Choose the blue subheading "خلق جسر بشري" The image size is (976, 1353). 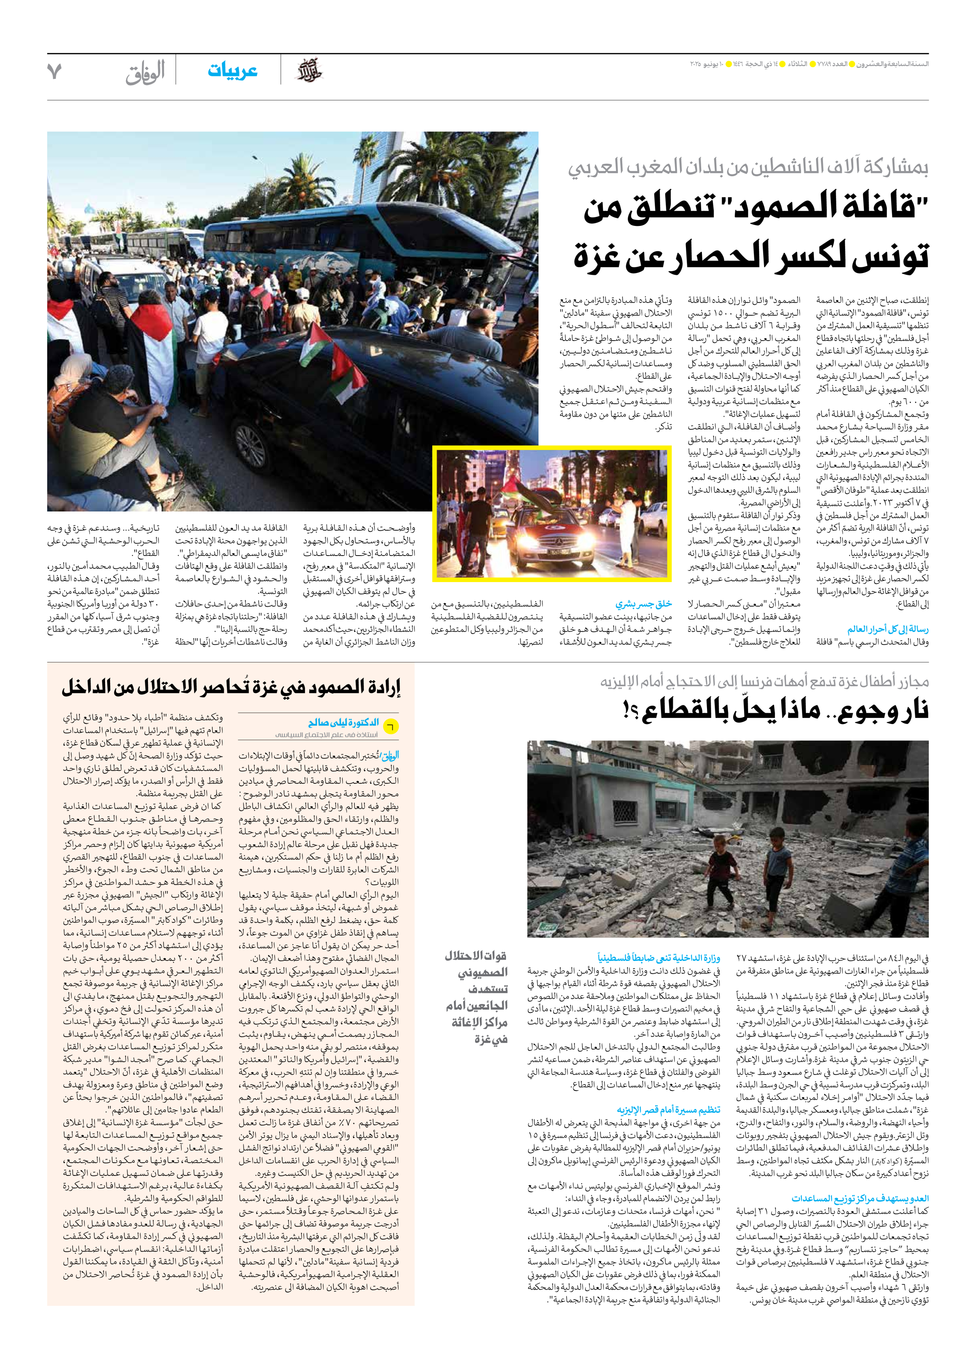[x=643, y=604]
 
